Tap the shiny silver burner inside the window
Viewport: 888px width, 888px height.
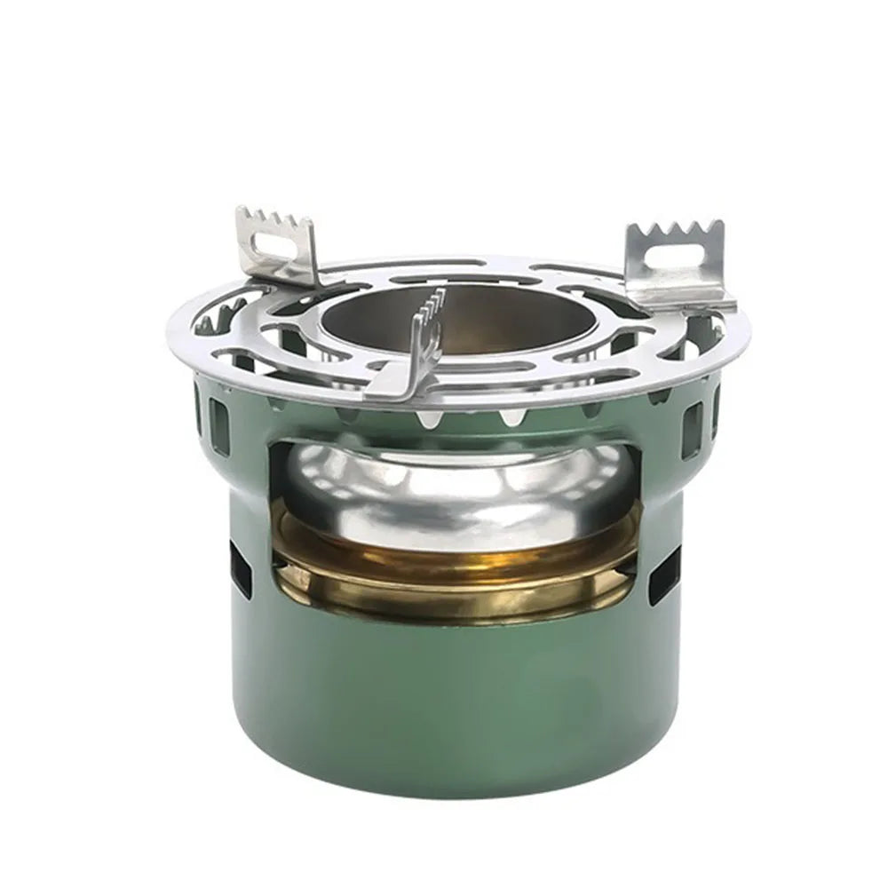[x=453, y=488]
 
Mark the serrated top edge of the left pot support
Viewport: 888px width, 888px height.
[x=275, y=218]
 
